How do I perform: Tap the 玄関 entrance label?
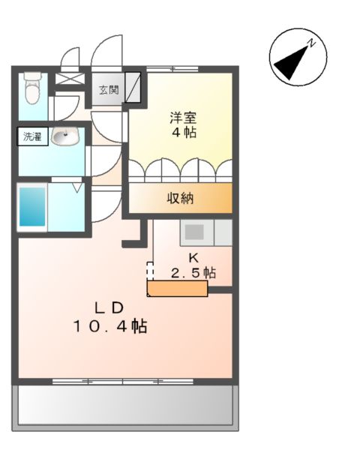[109, 90]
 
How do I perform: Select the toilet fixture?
[30, 89]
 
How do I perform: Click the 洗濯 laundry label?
[33, 137]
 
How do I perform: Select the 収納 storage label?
[181, 199]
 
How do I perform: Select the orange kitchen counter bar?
[177, 289]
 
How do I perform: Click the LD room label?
[107, 307]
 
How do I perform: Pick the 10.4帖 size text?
[109, 326]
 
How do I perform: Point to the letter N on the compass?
[315, 43]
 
